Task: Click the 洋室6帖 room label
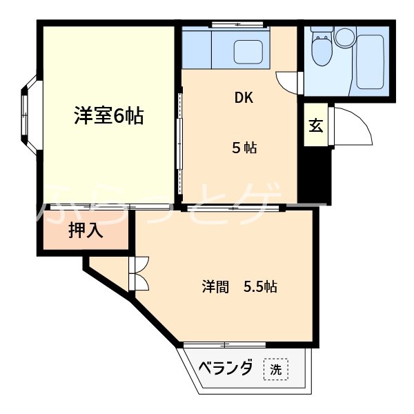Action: tap(109, 117)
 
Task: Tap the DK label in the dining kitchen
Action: tap(244, 97)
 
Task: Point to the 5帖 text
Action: tap(244, 147)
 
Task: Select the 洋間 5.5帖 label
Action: tap(239, 287)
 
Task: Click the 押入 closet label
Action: tap(86, 231)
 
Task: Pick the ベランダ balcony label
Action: tap(226, 368)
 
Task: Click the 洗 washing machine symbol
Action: tap(275, 370)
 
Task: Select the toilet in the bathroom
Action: tap(321, 47)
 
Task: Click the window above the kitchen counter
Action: tap(237, 26)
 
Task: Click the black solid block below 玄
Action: tap(318, 177)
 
